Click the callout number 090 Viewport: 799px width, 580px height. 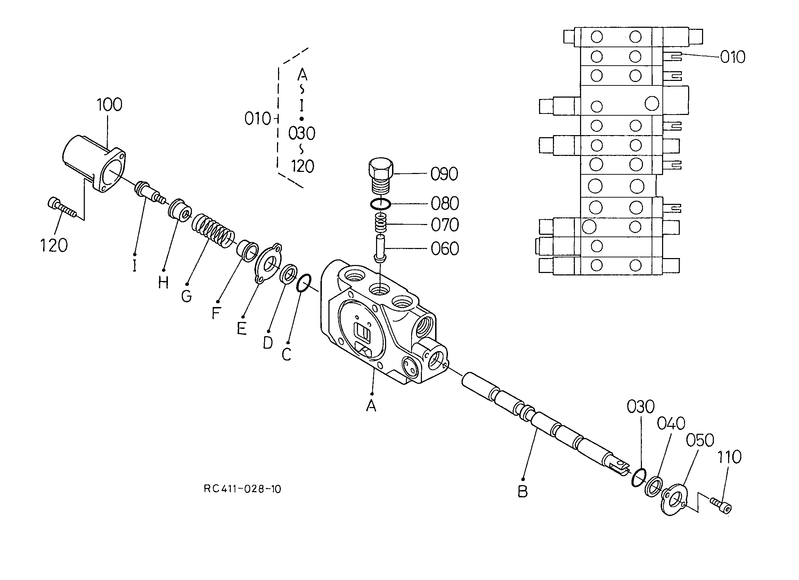pyautogui.click(x=444, y=174)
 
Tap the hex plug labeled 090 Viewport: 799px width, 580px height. pyautogui.click(x=381, y=176)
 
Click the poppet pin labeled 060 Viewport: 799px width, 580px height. pyautogui.click(x=381, y=249)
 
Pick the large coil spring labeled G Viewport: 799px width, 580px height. pyautogui.click(x=213, y=230)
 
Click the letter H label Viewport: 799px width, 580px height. pyautogui.click(x=163, y=282)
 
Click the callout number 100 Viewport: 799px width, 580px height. pyautogui.click(x=109, y=105)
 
